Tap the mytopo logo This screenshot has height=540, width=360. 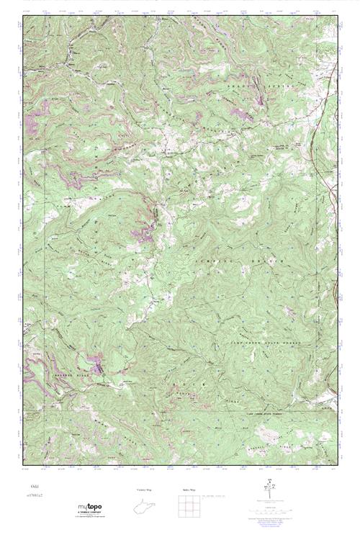click(91, 508)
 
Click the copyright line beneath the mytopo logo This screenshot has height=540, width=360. click(91, 519)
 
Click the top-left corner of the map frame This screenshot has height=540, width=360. click(23, 16)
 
